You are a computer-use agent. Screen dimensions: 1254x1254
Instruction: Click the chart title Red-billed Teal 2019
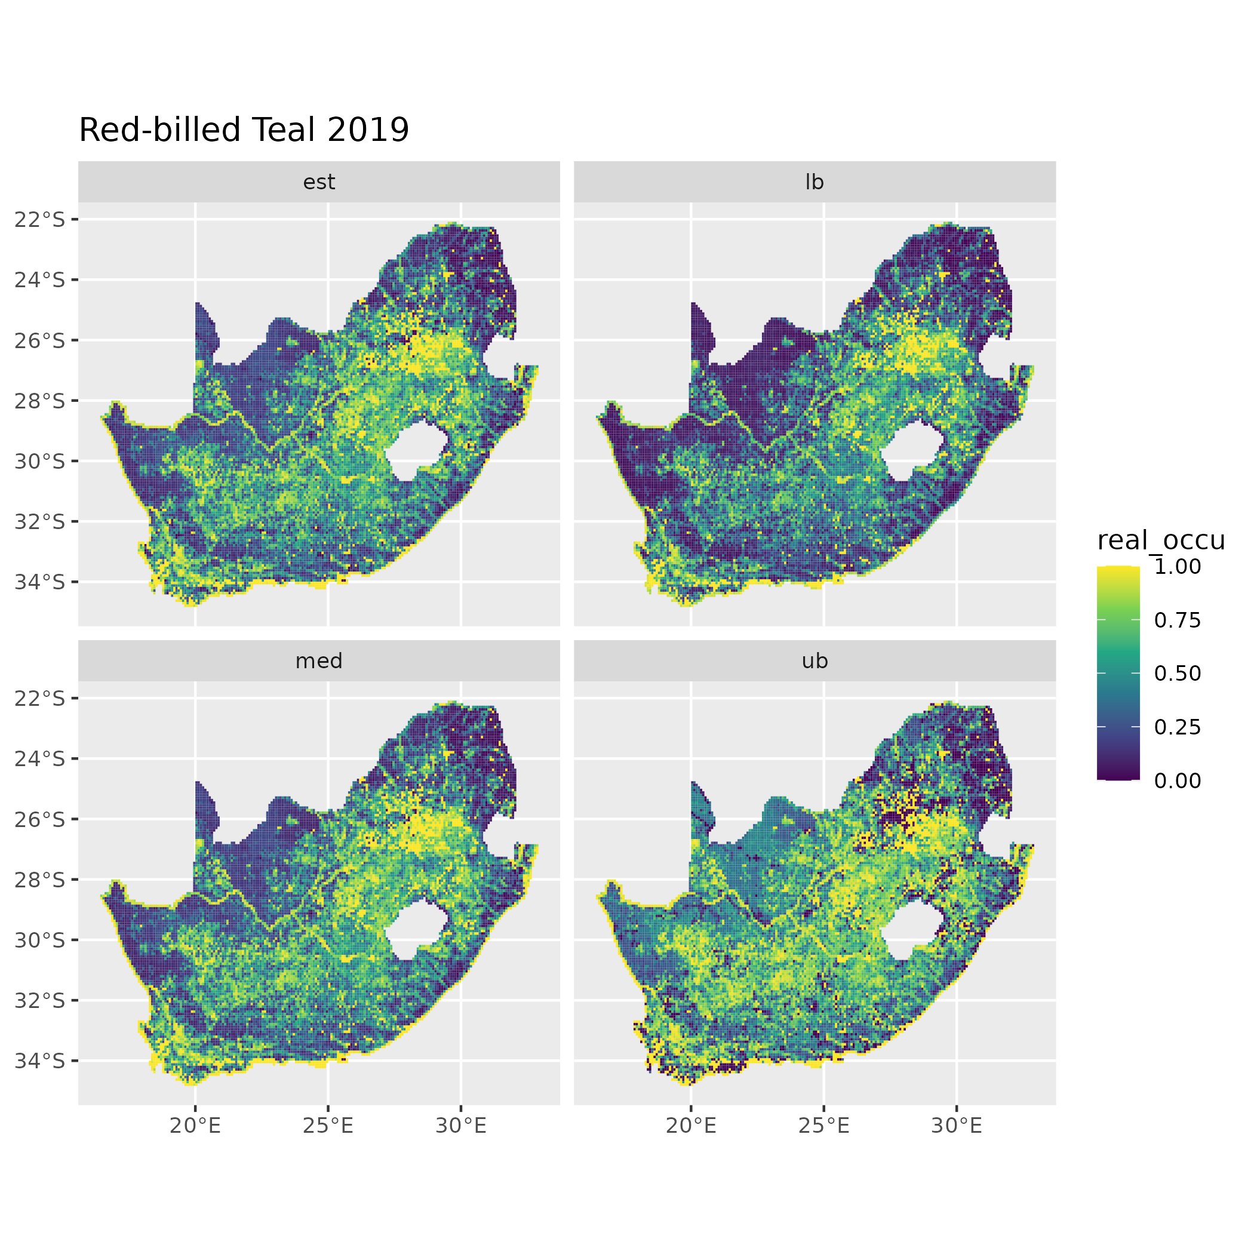244,130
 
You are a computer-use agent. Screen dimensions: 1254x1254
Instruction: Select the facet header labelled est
319,182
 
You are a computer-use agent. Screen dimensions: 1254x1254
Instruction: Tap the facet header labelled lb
814,182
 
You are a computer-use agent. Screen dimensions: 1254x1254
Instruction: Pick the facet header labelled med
319,662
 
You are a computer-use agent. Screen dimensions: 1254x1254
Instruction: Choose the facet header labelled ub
814,662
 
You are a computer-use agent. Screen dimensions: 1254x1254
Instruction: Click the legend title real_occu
1160,540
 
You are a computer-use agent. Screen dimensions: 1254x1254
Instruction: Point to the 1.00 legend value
1177,567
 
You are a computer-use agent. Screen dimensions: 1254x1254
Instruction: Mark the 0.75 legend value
1177,620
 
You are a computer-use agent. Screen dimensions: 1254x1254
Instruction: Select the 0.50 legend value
1177,674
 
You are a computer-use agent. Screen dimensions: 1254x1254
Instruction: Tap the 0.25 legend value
1177,727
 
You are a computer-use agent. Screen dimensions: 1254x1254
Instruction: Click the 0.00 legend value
1177,781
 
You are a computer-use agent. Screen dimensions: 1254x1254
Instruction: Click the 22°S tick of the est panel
40,220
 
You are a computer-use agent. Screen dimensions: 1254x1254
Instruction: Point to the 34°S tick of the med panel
40,1061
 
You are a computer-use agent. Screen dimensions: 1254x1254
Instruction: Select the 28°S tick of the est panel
40,401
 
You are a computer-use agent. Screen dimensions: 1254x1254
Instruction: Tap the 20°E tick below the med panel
195,1126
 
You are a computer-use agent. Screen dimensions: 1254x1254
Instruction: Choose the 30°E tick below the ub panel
956,1126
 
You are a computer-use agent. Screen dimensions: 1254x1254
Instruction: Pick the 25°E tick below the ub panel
823,1126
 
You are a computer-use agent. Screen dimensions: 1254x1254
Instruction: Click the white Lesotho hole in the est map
416,451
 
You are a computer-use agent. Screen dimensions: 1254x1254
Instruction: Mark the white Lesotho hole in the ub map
911,930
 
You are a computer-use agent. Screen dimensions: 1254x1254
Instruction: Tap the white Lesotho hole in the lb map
911,451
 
